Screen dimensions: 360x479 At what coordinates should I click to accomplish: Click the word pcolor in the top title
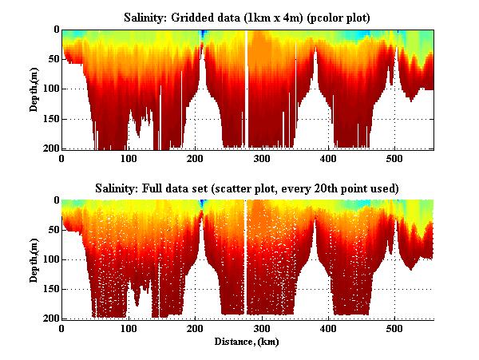coord(326,18)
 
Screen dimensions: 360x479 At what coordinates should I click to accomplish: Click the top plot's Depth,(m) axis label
coord(35,89)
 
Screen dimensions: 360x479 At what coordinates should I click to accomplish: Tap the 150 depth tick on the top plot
coord(49,119)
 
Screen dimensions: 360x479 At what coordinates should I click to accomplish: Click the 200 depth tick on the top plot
coord(49,148)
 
